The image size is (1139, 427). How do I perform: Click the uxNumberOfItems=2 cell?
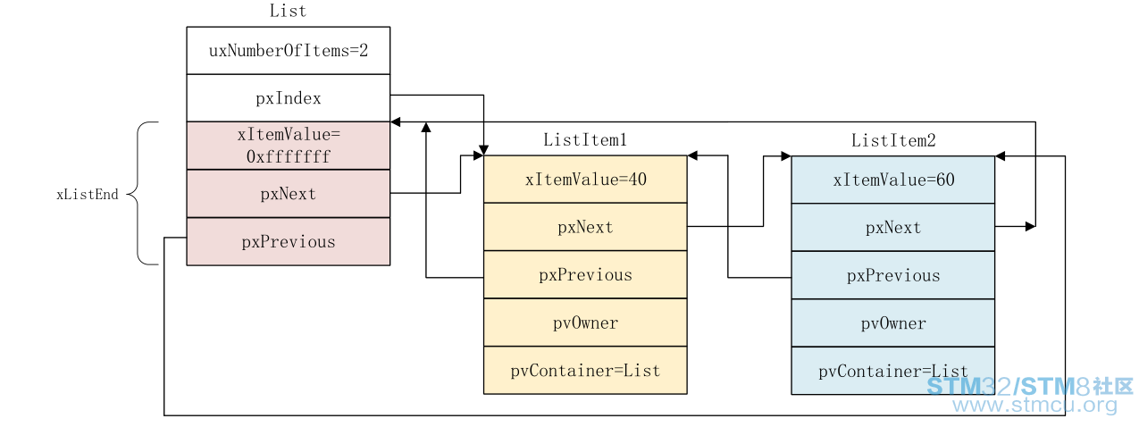pos(289,51)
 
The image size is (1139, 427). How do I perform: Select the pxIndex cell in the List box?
pos(289,98)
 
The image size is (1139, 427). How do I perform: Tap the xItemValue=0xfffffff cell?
pos(289,146)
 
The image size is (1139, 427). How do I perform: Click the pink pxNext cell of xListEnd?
pos(289,194)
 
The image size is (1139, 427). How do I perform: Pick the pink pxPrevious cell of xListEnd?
pos(289,241)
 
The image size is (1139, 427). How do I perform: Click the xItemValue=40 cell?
pos(585,180)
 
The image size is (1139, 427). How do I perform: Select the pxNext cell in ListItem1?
pos(585,227)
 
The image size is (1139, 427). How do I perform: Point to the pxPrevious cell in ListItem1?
pos(585,275)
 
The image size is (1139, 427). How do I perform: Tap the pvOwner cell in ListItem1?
pos(585,322)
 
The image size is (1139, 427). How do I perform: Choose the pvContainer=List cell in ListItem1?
pos(585,371)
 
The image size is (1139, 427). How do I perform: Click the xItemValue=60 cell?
pos(893,180)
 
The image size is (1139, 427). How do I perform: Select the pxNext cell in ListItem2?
pos(893,228)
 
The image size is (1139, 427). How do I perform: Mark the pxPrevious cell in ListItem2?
pos(893,275)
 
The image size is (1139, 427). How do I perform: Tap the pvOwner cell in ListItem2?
pos(893,323)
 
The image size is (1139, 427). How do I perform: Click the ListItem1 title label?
pos(585,139)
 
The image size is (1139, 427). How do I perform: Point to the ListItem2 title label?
pos(893,140)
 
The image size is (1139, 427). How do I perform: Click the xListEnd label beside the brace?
pos(87,194)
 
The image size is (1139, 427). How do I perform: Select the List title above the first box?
pos(288,11)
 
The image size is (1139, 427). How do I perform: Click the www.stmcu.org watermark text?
pos(1034,406)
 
